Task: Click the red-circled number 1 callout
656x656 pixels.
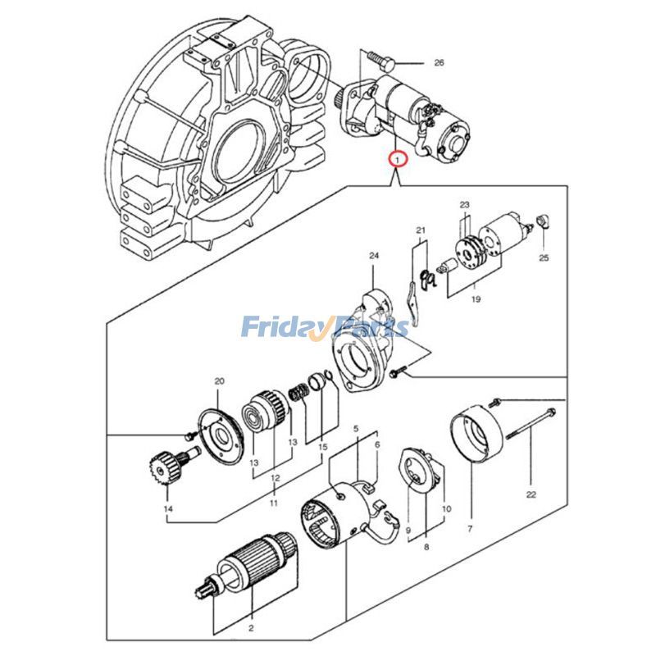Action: (397, 158)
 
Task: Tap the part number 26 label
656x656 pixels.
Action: (438, 62)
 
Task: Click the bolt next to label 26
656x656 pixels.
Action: (378, 60)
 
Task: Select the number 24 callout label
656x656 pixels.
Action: (374, 256)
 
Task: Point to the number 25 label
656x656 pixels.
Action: (543, 258)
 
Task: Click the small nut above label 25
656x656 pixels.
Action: (540, 221)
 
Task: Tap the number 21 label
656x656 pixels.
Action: (421, 230)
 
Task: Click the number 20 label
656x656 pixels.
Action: (219, 381)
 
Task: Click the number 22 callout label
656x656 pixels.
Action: (531, 494)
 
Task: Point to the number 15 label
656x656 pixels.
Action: (322, 447)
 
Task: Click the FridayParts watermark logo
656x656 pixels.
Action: (325, 328)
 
